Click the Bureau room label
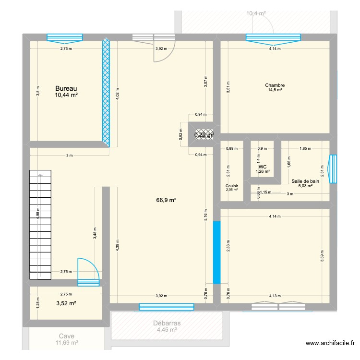66,88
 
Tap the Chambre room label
275,86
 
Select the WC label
263,167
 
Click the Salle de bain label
305,181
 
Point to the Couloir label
232,186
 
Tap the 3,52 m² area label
66,303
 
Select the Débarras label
167,324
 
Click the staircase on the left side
40,224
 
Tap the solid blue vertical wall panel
216,252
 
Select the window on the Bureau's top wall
64,37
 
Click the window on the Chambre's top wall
273,37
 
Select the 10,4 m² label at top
256,13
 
